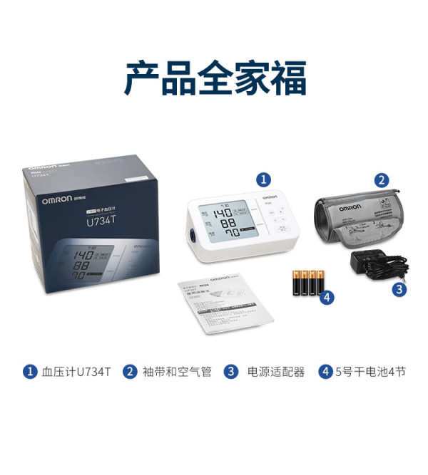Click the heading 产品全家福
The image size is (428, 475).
[x=215, y=78]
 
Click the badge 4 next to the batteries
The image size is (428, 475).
[x=327, y=298]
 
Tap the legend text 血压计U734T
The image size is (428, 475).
[x=76, y=372]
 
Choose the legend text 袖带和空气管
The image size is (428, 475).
[x=177, y=372]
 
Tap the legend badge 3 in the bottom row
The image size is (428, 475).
[x=230, y=372]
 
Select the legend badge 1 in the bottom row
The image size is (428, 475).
[x=29, y=372]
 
